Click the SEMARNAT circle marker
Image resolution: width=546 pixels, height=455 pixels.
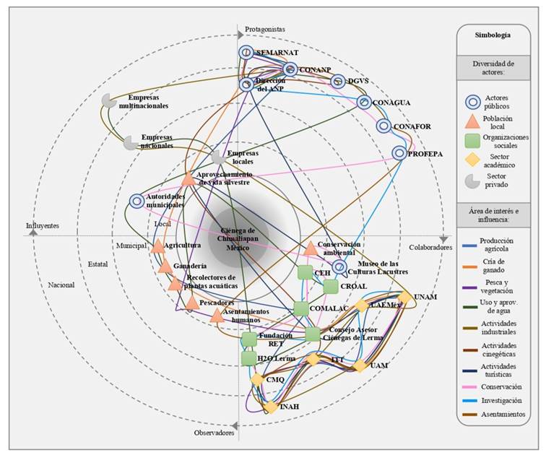[x=246, y=53]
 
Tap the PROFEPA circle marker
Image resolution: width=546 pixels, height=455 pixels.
[x=399, y=153]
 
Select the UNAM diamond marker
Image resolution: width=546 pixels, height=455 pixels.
[x=405, y=297]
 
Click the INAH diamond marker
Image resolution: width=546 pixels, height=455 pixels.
[x=270, y=407]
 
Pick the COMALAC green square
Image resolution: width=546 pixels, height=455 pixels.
[x=300, y=308]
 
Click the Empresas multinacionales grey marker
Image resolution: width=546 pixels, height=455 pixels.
[x=109, y=101]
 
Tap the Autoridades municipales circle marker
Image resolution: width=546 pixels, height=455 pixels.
[x=136, y=201]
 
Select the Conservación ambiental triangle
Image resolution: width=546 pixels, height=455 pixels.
[x=311, y=249]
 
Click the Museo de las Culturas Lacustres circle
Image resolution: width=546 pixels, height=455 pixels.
[x=339, y=266]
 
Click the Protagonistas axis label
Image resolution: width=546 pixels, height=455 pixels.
[x=265, y=30]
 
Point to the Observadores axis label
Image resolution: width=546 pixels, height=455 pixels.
[x=214, y=433]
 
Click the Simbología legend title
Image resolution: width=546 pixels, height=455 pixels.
[x=493, y=35]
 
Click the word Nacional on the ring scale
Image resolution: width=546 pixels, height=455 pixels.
[x=61, y=285]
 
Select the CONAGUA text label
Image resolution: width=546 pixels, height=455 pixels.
[x=391, y=103]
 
